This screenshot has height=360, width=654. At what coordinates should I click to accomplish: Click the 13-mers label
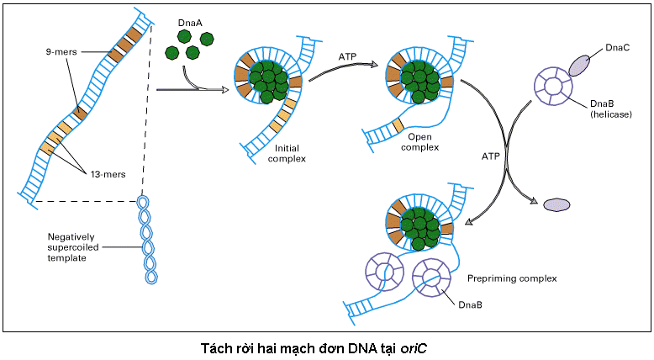(108, 174)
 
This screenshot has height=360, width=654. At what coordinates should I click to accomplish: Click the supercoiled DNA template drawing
(150, 241)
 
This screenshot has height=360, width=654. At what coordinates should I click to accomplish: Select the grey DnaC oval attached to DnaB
(580, 66)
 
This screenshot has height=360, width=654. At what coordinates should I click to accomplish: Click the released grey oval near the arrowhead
(556, 204)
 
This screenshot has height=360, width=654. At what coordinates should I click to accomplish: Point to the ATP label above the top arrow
(348, 58)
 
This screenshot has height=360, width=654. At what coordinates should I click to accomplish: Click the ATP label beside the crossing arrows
(491, 156)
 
